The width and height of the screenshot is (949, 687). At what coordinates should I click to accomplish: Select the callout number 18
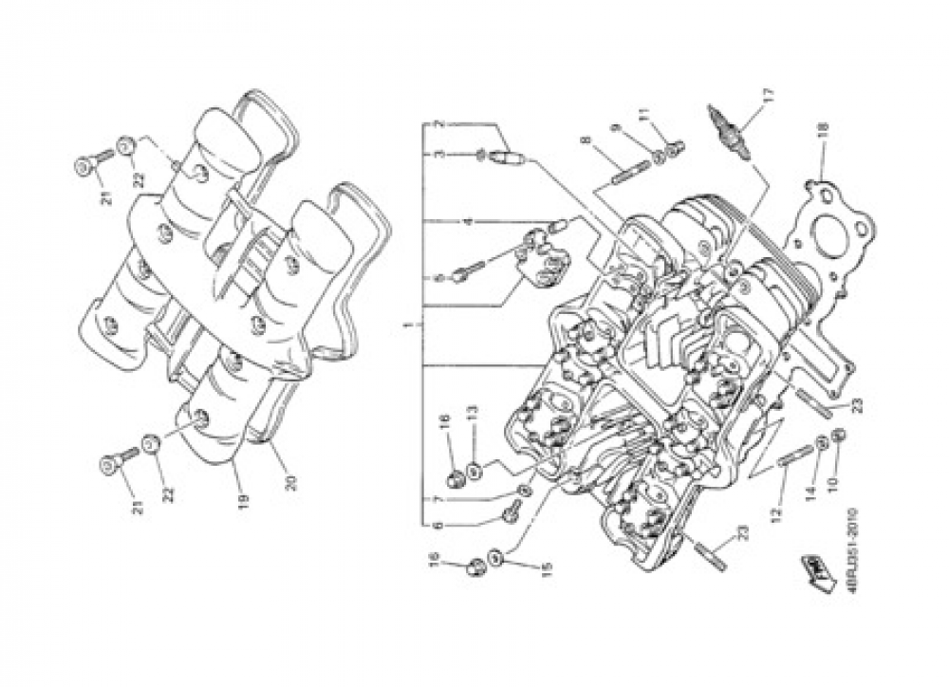(822, 130)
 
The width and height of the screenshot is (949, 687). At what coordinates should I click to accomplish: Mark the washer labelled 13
(474, 468)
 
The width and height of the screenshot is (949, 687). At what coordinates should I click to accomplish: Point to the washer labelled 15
(495, 555)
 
